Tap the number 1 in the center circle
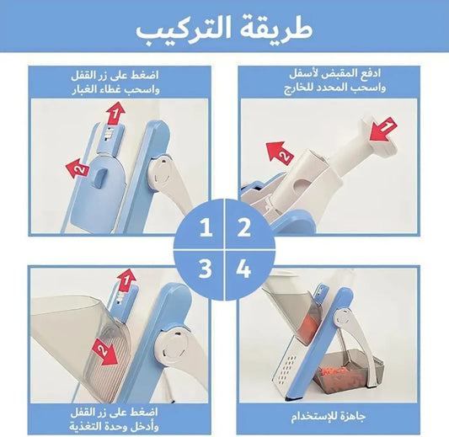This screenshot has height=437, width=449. tap(204, 227)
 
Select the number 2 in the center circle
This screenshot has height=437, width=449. tap(244, 227)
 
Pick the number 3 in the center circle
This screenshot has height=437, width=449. tap(204, 269)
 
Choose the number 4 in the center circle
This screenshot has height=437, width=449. tap(244, 269)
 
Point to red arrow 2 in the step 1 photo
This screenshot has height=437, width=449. tap(78, 168)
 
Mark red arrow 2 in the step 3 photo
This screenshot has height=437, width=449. tap(105, 348)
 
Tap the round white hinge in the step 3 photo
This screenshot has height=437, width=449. tap(173, 349)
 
